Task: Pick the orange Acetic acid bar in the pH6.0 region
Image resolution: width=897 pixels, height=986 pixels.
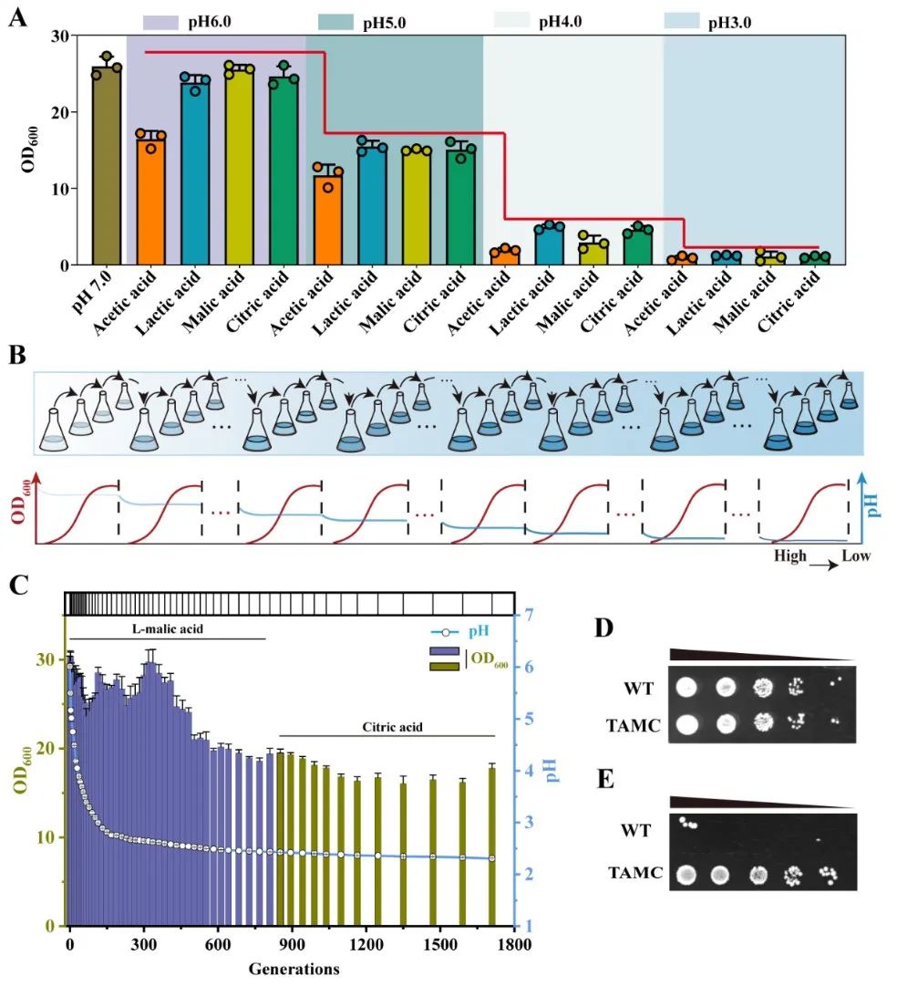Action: click(x=151, y=201)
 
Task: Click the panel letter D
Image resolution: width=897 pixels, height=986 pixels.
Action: click(x=603, y=629)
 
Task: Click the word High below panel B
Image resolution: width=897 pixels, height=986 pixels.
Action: click(x=790, y=555)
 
